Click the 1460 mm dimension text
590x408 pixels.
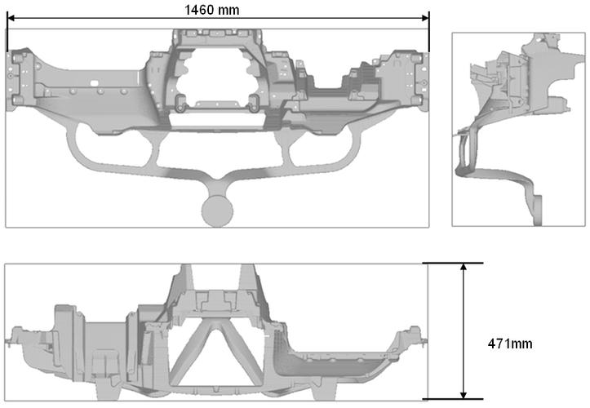coord(212,10)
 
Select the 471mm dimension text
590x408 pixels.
coord(510,344)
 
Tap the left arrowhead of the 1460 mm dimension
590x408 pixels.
coord(11,18)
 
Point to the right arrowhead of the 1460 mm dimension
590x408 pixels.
coord(425,18)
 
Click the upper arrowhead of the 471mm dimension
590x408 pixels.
coord(464,267)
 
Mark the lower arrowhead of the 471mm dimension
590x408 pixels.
coord(464,394)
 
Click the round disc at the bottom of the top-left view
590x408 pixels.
coord(217,211)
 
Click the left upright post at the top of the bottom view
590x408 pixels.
coord(185,277)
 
